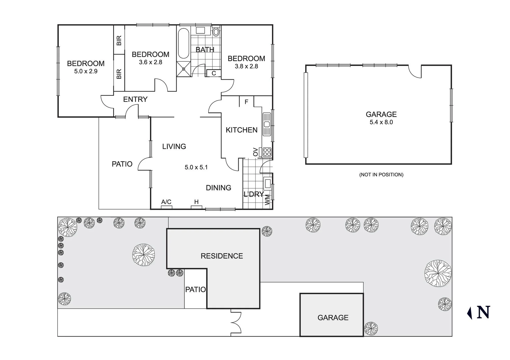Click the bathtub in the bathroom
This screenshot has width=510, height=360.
[184, 43]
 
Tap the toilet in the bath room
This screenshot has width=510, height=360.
[216, 32]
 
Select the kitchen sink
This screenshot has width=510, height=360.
[267, 124]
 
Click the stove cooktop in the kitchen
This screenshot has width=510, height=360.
[267, 152]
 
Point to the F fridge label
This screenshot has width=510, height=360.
[246, 102]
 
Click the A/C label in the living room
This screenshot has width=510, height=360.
[166, 202]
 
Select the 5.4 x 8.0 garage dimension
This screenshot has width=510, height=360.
[381, 122]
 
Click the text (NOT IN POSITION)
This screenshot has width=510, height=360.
[381, 175]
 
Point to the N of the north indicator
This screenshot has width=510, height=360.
[483, 312]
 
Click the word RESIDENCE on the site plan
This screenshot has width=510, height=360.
[222, 256]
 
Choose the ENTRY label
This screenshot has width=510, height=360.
[135, 99]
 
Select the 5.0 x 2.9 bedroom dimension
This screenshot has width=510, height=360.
[86, 71]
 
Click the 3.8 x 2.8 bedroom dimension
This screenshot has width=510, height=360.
[246, 66]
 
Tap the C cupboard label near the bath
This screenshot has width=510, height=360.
[214, 73]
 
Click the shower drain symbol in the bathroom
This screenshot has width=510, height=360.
[184, 69]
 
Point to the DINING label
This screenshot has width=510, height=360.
[219, 188]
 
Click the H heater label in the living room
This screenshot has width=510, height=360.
[196, 202]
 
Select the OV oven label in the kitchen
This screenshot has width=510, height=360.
[256, 152]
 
